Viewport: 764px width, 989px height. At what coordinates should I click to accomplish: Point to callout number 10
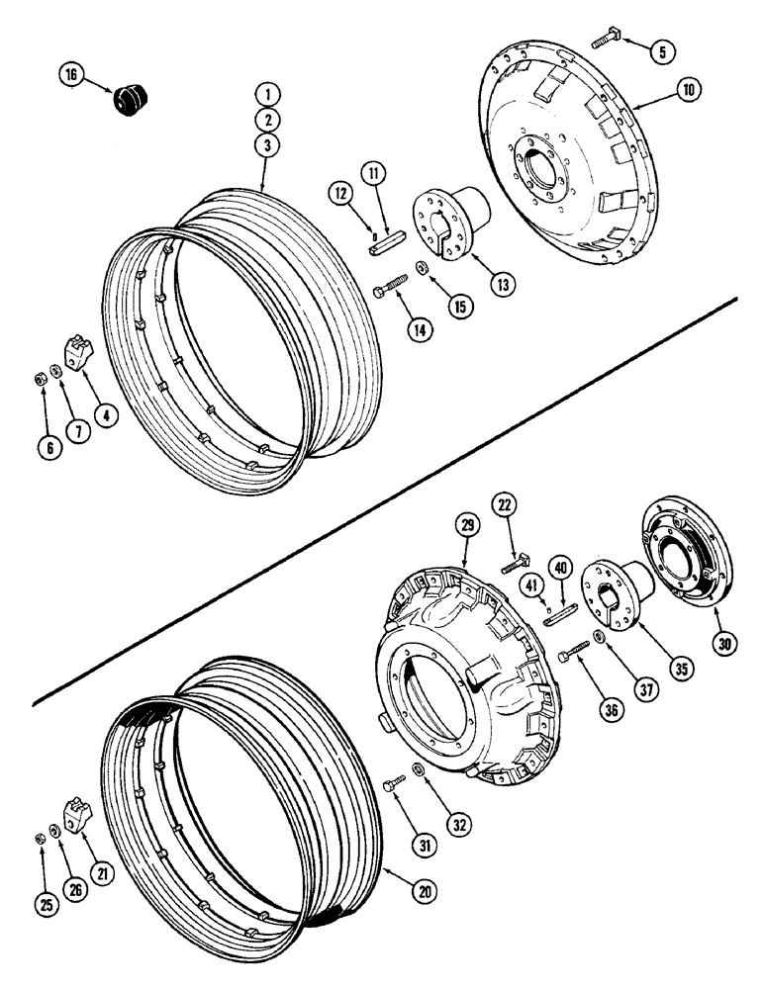[689, 90]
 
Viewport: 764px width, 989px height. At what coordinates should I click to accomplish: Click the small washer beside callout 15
[423, 268]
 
